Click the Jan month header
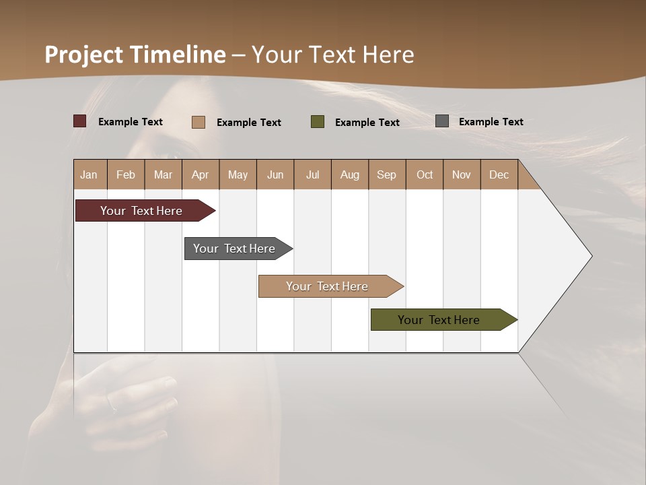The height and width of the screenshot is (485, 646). pos(89,174)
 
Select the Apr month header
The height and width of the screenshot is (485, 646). pos(200,174)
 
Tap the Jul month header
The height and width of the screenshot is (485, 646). pos(312,174)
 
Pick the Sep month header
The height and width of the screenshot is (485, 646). pos(386,174)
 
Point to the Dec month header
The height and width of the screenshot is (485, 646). pos(499,174)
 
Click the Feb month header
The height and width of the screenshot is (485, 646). pos(126,174)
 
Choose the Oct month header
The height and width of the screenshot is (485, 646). pos(425,174)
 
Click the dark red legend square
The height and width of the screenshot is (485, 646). pos(80,121)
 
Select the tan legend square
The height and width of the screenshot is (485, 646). pos(199,122)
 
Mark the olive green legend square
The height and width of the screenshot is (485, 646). pos(318,121)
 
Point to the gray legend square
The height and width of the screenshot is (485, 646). pos(442,121)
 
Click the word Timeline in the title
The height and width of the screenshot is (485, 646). pos(178,55)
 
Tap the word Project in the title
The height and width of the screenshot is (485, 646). pos(83,55)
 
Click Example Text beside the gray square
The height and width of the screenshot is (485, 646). pos(491,121)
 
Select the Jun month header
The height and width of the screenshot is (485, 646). pos(275,174)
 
